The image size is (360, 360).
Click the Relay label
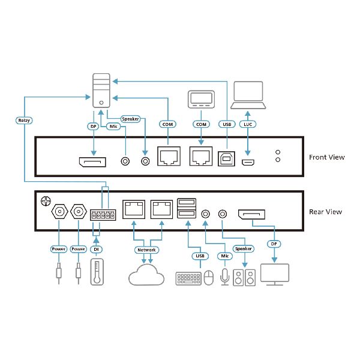click(x=24, y=120)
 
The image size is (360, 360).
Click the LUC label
click(x=248, y=124)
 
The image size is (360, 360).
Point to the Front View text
click(x=326, y=157)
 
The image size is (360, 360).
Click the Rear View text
click(x=325, y=211)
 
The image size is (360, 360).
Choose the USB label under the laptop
click(x=226, y=124)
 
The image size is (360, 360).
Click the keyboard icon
click(x=188, y=278)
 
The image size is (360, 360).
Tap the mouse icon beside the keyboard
click(x=208, y=278)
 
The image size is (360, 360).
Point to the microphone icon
click(x=226, y=276)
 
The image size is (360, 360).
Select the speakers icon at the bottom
click(x=244, y=277)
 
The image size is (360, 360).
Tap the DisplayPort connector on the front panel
click(x=92, y=161)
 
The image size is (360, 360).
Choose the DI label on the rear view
click(x=97, y=250)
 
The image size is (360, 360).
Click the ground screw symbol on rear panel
click(x=44, y=199)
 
